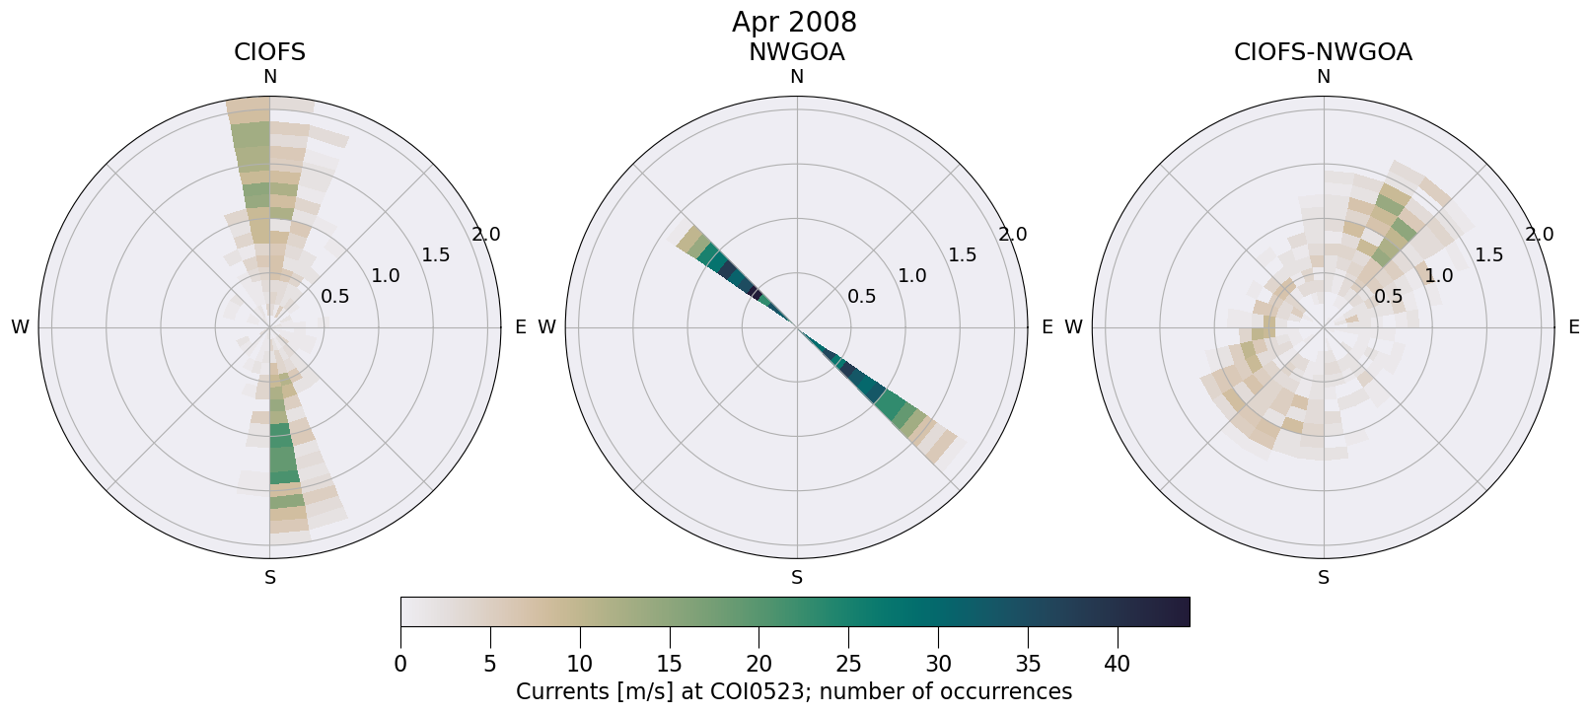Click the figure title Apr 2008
point(794,22)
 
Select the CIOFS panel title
point(269,52)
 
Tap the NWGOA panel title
point(796,52)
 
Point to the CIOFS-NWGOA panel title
point(1323,52)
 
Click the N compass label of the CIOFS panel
point(269,77)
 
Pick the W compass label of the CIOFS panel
point(20,327)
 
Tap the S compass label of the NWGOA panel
point(796,578)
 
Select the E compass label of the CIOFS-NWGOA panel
point(1573,327)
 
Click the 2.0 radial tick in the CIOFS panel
point(486,235)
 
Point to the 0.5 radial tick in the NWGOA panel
point(862,296)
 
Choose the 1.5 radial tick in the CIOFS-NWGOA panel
point(1489,255)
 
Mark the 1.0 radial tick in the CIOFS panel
point(386,276)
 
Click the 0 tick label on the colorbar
point(400,665)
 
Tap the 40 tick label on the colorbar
point(1118,665)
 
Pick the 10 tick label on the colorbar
point(580,665)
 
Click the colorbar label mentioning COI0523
point(794,691)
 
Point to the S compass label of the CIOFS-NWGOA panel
point(1323,578)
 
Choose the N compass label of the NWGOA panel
point(796,77)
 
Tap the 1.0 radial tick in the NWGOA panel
point(912,276)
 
